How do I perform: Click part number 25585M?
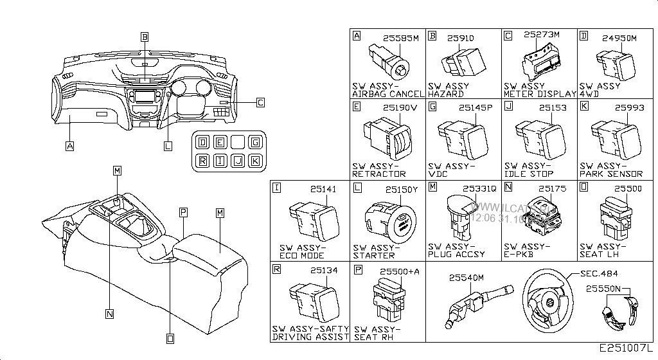coord(401,39)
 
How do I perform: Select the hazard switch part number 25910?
coord(460,39)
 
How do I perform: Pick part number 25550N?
coord(603,289)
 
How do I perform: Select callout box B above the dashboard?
coord(145,37)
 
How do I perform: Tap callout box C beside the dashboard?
coord(260,102)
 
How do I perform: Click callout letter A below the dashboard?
coord(69,146)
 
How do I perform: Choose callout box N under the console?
coord(110,314)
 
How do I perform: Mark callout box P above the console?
coord(183,212)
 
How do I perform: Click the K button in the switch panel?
coord(255,161)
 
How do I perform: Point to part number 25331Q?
coord(481,189)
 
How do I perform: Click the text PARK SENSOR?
coord(610,174)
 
